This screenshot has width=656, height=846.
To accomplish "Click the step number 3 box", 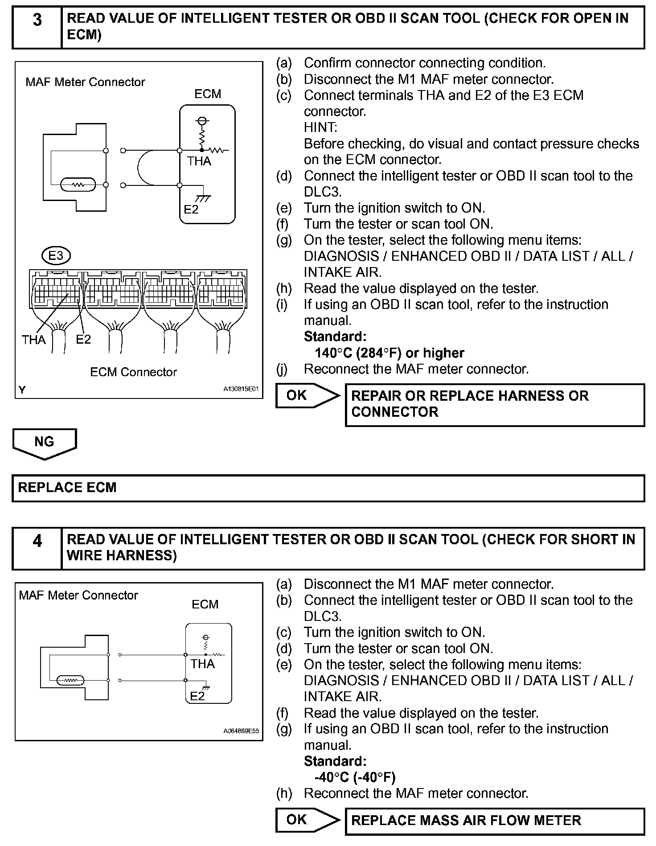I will click(x=37, y=27).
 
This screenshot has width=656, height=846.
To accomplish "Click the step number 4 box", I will click(x=37, y=548).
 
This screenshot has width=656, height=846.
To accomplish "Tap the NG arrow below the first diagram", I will click(x=44, y=443).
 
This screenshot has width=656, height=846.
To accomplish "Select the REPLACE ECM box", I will click(x=328, y=488).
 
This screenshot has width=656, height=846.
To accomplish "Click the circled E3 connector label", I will click(x=56, y=256).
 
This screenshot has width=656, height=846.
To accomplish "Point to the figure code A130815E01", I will click(x=241, y=389).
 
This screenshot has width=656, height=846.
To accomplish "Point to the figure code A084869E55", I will click(x=241, y=731).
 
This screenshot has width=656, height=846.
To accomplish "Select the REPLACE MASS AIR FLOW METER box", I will click(x=495, y=821).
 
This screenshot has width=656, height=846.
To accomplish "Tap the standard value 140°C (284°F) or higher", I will click(x=389, y=353).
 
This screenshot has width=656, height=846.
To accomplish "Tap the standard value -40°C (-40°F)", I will click(x=355, y=777).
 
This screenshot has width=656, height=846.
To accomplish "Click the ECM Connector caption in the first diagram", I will click(x=133, y=372).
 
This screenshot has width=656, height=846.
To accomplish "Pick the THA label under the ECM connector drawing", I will click(x=34, y=340).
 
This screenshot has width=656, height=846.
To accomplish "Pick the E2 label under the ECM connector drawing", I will click(x=83, y=339).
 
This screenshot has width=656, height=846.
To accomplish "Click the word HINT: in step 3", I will click(x=320, y=127).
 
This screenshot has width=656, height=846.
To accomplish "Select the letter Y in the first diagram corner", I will click(x=22, y=390).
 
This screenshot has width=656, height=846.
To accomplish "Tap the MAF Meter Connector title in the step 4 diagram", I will click(x=78, y=595).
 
